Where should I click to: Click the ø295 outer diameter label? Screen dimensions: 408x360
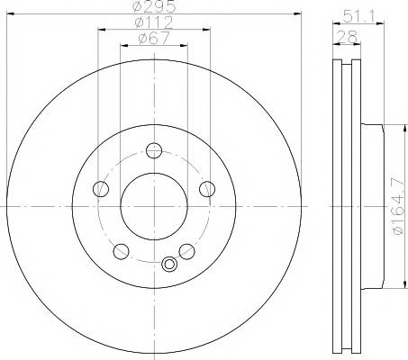pyautogui.click(x=154, y=6)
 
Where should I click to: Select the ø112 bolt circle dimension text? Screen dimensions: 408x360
pyautogui.click(x=154, y=22)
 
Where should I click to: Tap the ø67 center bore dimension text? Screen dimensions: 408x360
pyautogui.click(x=154, y=39)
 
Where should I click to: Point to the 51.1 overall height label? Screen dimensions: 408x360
pyautogui.click(x=358, y=16)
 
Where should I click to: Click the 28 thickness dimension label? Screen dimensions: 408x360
pyautogui.click(x=347, y=37)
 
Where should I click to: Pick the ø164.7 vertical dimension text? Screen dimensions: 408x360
pyautogui.click(x=398, y=206)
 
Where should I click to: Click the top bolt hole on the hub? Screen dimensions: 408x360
pyautogui.click(x=154, y=150)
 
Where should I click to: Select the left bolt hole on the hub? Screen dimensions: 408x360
pyautogui.click(x=101, y=189)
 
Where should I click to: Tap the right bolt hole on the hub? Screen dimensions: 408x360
pyautogui.click(x=207, y=189)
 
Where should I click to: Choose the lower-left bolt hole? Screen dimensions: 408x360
pyautogui.click(x=122, y=251)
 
